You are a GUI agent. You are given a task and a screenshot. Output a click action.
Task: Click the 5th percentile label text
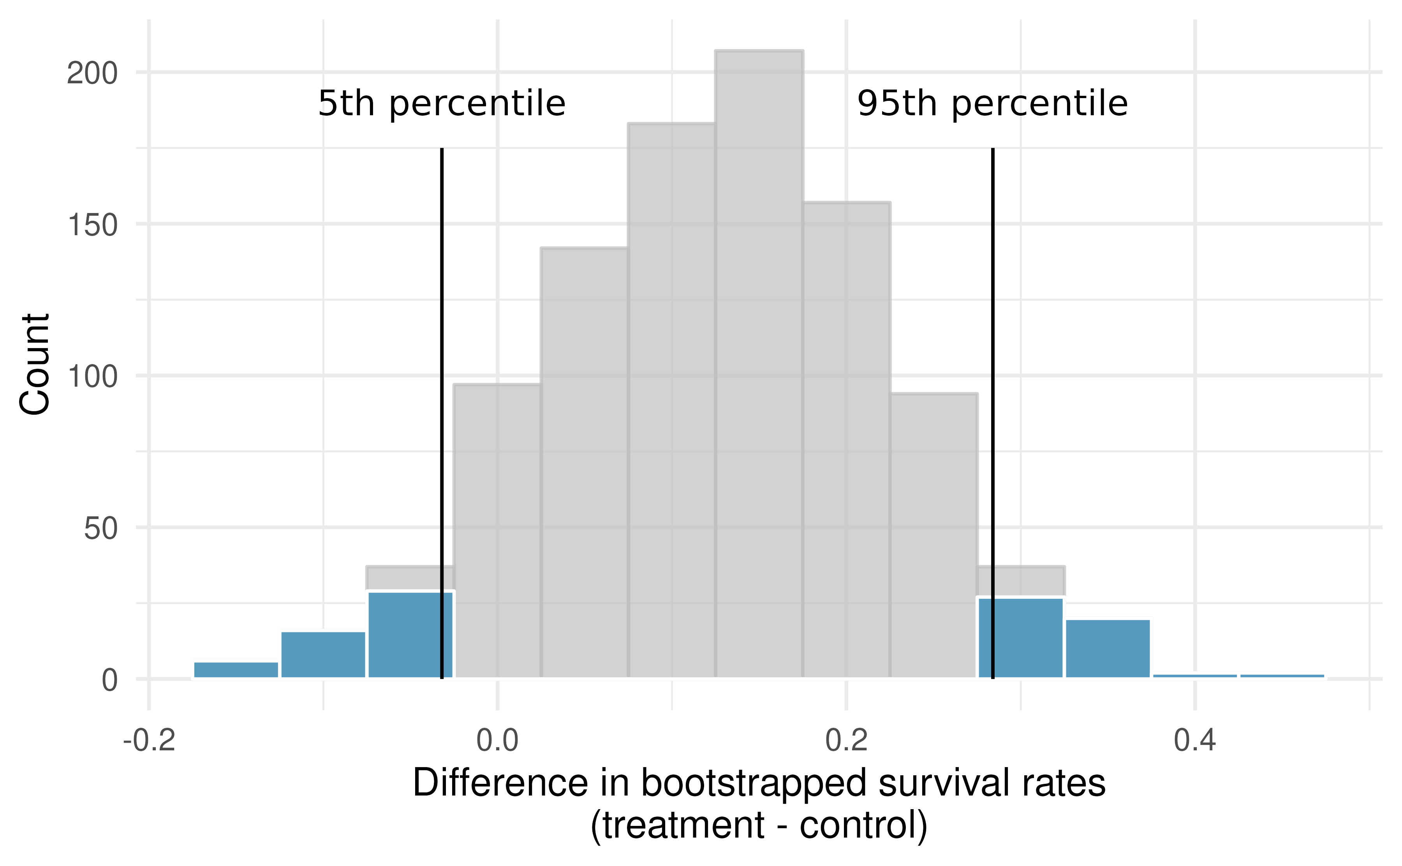point(442,104)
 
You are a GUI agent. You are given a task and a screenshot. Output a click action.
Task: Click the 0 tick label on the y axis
point(109,680)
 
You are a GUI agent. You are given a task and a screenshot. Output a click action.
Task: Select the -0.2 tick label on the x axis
point(150,740)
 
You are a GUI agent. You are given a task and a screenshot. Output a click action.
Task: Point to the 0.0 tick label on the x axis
point(497,740)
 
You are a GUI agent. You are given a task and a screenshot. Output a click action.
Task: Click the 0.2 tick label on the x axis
point(846,740)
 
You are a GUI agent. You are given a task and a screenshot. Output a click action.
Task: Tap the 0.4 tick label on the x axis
point(1195,740)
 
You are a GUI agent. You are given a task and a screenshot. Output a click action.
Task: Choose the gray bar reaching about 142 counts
point(584,458)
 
